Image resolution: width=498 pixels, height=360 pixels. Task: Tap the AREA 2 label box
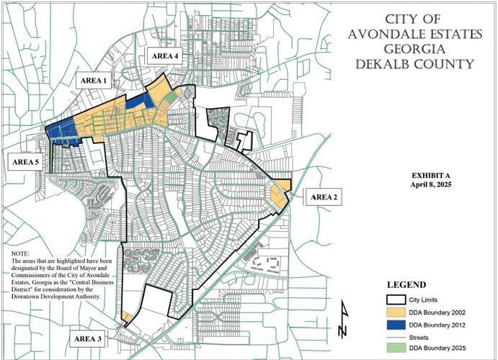coord(324,197)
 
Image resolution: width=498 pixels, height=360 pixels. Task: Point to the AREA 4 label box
coord(164,56)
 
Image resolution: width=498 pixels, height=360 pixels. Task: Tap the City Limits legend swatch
coord(397,300)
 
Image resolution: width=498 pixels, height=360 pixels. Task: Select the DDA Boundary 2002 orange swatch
coord(397,313)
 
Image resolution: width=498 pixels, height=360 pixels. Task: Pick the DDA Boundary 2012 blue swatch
coord(397,325)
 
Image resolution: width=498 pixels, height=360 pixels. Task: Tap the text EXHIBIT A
coord(430,176)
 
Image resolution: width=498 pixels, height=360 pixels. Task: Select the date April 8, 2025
coord(430,185)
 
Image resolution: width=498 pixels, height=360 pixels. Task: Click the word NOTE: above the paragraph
coord(22,254)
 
